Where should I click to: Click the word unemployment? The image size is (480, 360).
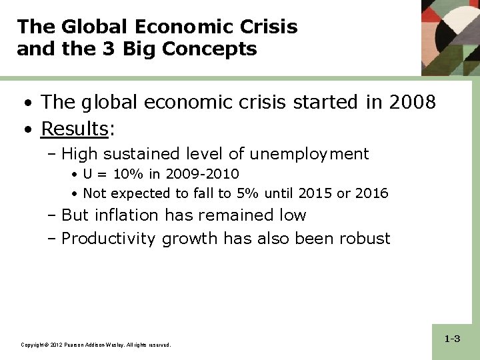click(309, 154)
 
